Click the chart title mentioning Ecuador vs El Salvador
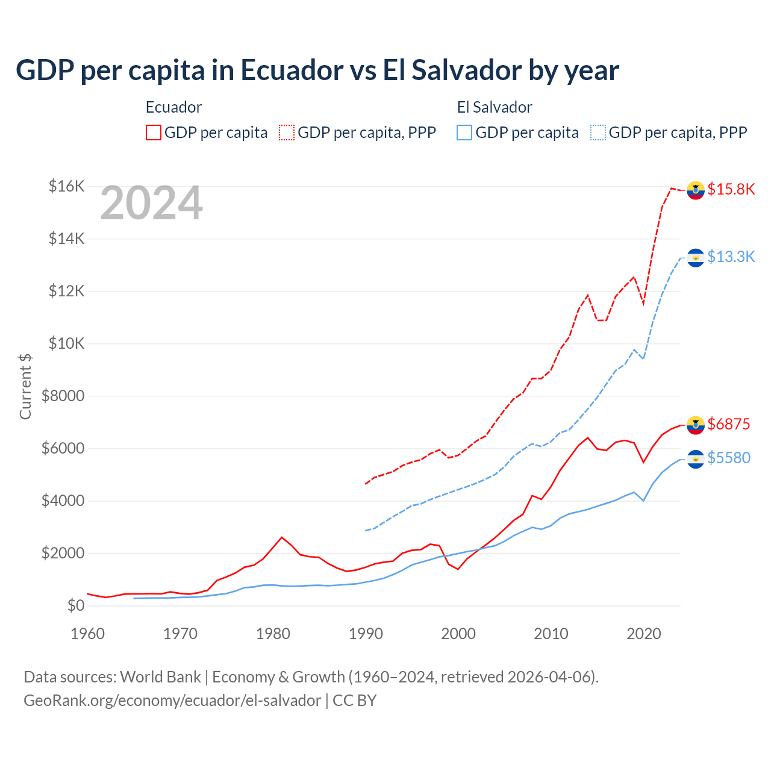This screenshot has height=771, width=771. (317, 70)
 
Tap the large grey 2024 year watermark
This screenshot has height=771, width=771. (151, 204)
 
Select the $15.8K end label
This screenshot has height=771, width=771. (731, 189)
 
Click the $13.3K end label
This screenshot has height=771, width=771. (731, 257)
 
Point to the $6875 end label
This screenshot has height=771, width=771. (728, 424)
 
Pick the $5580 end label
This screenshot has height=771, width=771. (728, 458)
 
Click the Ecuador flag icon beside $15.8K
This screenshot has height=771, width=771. (696, 190)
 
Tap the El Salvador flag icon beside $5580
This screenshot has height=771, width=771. (696, 459)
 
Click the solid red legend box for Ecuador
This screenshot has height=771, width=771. (154, 133)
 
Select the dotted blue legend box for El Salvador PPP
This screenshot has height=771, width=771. (598, 133)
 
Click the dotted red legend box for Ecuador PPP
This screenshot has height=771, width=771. (287, 133)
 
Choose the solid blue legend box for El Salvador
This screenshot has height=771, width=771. (464, 133)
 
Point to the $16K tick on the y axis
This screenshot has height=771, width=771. (66, 186)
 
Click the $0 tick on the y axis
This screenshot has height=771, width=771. (75, 605)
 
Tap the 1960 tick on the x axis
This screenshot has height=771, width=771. (88, 634)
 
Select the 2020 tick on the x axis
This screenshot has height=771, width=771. (644, 634)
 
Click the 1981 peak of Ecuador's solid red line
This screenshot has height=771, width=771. (282, 537)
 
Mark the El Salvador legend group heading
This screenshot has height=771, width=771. (495, 107)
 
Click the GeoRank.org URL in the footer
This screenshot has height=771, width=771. (172, 701)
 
